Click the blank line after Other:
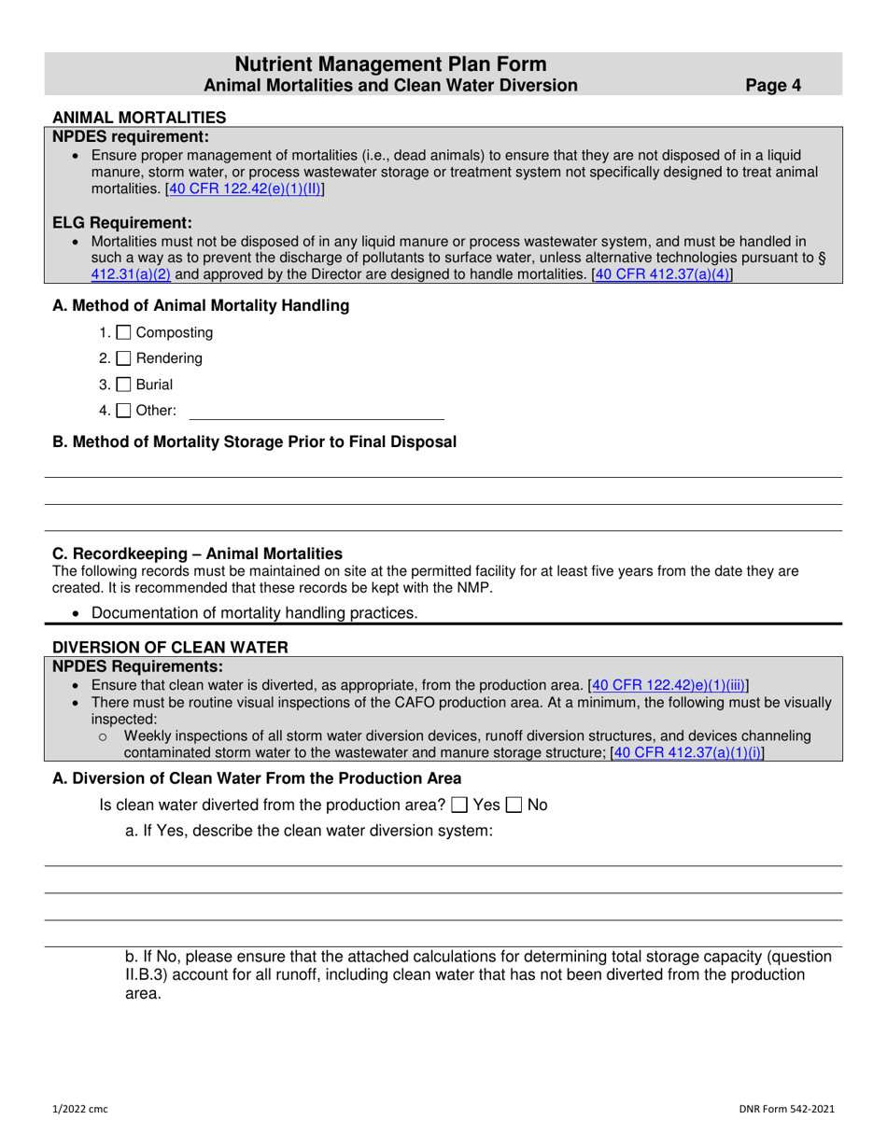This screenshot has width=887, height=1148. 317,411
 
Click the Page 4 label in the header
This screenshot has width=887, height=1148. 773,86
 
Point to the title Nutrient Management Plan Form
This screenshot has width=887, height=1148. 390,64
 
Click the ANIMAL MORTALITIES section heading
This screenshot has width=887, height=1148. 138,118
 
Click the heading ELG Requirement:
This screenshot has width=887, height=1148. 122,222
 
